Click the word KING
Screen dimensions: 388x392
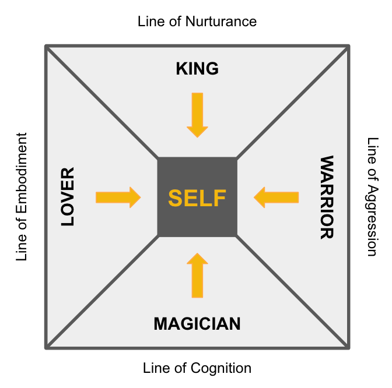[x=197, y=69]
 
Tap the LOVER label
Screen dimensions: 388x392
[x=68, y=197]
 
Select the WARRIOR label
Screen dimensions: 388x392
[x=326, y=197]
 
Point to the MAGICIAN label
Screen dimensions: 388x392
[x=197, y=324]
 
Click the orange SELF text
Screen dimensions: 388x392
[x=197, y=198]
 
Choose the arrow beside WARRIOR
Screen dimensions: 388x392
[x=276, y=197]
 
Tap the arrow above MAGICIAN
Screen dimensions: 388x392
[x=198, y=276]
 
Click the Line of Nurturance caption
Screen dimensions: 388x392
[x=197, y=22]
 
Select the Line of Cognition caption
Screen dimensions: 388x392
[x=197, y=368]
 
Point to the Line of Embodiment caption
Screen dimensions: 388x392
[x=22, y=197]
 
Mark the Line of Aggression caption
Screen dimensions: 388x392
[x=372, y=197]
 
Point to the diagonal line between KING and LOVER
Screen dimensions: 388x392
[x=102, y=102]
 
